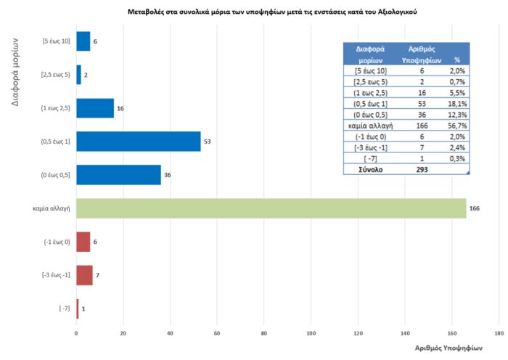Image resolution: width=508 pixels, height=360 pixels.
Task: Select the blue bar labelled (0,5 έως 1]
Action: point(138,141)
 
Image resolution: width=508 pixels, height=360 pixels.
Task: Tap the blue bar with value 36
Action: point(118,175)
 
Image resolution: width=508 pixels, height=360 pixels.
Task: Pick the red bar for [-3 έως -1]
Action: point(84,275)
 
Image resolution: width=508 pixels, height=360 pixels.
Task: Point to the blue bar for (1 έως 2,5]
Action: point(95,108)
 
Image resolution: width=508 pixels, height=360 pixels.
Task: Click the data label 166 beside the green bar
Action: point(475,208)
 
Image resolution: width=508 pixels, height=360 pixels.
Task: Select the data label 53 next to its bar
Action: point(207,141)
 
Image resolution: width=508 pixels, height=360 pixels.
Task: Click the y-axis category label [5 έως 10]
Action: point(56,41)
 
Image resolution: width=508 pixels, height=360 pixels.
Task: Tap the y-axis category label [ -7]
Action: point(64,308)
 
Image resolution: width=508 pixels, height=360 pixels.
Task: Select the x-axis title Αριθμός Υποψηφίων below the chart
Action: point(449,348)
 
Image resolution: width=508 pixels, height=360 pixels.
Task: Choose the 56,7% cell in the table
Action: point(456,125)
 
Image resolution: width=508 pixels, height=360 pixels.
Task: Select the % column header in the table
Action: point(456,60)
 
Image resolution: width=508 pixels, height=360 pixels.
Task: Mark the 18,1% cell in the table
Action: point(456,103)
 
